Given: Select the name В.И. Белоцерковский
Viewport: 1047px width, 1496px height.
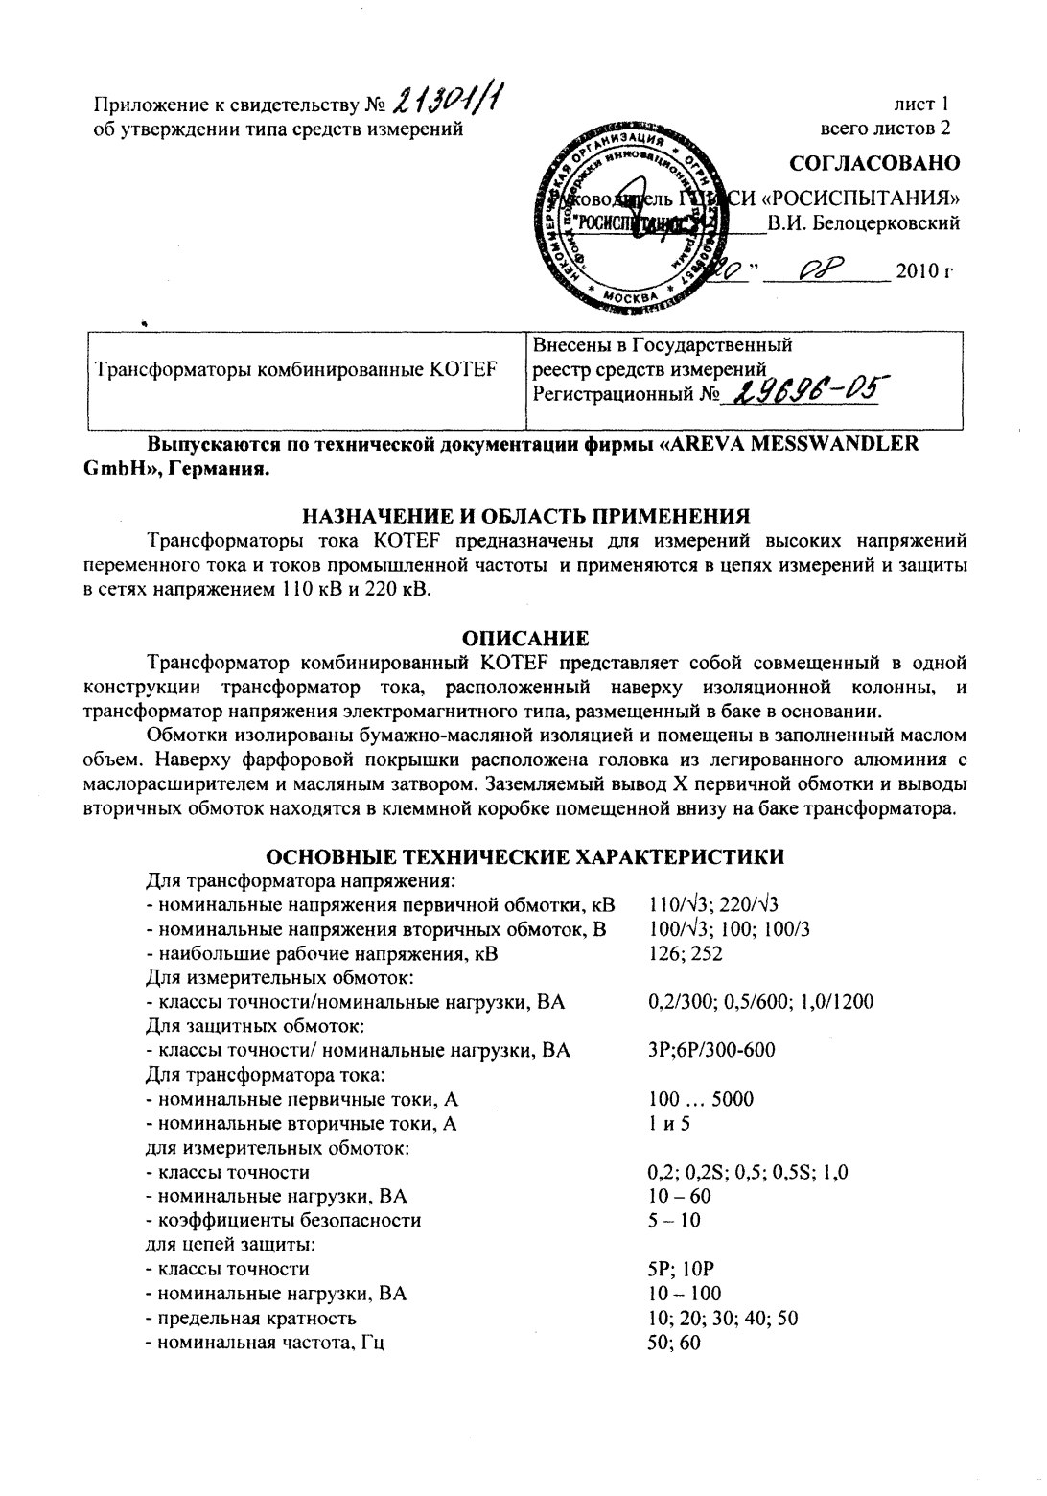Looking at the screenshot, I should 864,223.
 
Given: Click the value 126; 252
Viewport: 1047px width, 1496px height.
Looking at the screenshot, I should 685,953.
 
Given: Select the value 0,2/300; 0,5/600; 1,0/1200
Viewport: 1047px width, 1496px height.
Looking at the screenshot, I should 760,1002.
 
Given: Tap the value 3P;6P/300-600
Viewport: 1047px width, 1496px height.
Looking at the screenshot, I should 711,1050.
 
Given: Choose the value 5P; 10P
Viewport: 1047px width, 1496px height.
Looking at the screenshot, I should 681,1269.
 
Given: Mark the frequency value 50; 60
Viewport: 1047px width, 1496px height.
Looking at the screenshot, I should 674,1343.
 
